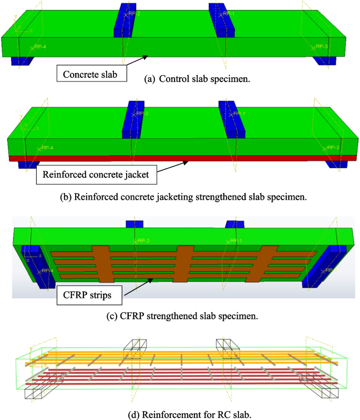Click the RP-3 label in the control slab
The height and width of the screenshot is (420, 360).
tap(321, 47)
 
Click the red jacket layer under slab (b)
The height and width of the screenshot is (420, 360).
tap(179, 157)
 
